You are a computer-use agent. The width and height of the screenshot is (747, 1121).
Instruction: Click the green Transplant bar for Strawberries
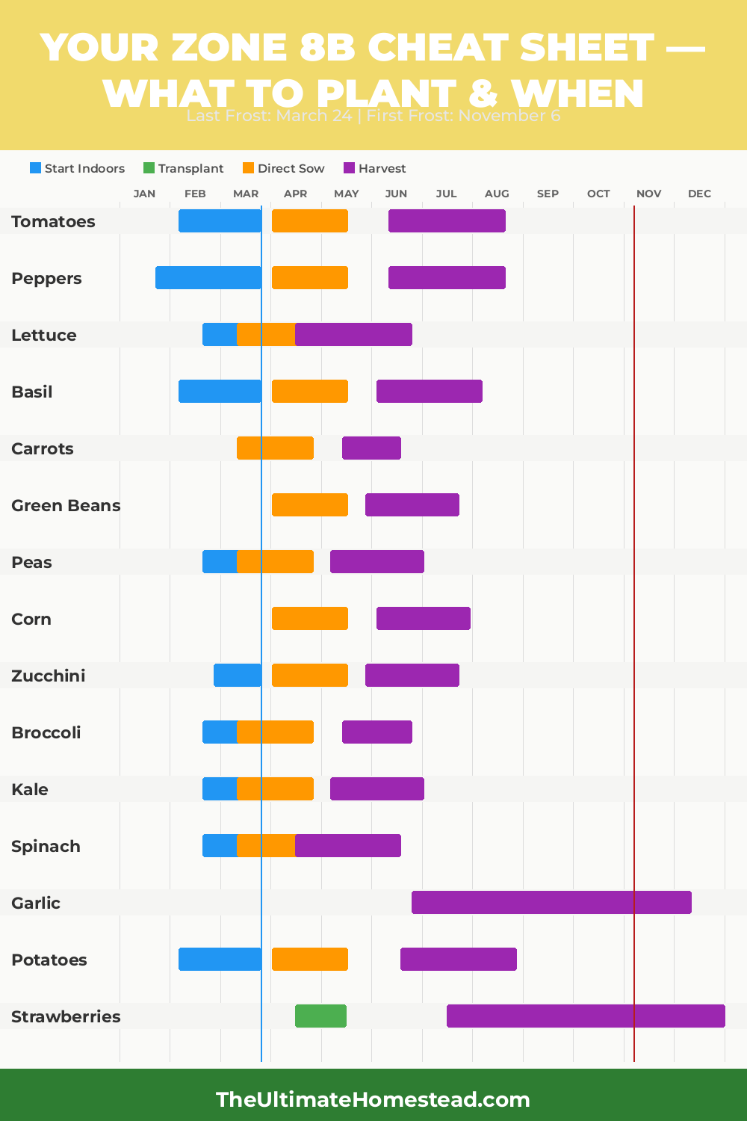click(320, 1016)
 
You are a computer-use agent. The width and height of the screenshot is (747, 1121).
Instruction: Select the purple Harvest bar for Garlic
click(551, 903)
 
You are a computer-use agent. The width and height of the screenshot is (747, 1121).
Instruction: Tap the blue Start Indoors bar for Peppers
click(208, 278)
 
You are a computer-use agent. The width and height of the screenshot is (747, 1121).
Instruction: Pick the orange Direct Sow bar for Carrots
click(275, 448)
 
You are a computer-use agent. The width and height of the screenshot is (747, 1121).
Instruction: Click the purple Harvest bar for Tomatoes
click(447, 221)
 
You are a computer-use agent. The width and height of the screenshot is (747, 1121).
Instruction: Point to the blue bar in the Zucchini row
click(237, 676)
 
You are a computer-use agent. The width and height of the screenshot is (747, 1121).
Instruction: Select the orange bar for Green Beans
click(309, 505)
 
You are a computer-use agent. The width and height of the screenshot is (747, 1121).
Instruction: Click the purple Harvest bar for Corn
click(423, 619)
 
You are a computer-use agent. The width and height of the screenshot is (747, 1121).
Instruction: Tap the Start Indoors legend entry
click(77, 169)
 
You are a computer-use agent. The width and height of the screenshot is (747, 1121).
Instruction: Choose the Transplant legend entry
click(183, 169)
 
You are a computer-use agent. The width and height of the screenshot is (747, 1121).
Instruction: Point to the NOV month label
click(648, 194)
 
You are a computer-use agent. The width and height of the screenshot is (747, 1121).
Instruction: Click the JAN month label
click(144, 194)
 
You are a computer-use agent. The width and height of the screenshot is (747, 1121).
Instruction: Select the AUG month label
click(497, 194)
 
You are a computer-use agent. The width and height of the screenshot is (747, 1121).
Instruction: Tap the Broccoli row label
click(46, 732)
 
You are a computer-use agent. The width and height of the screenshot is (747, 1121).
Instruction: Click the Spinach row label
click(46, 846)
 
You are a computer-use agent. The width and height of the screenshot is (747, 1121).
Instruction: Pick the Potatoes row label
click(49, 960)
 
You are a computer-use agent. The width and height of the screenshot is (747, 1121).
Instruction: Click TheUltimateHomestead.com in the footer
click(373, 1099)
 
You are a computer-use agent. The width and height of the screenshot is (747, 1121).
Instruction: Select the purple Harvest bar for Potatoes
click(458, 960)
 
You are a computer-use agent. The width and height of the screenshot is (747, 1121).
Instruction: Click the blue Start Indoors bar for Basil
click(220, 392)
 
